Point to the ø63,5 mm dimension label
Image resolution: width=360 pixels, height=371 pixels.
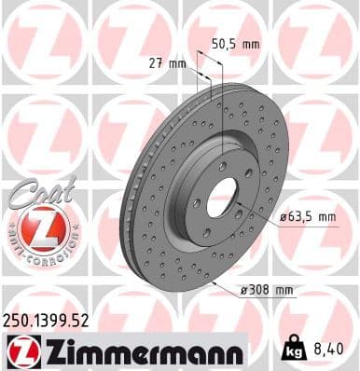pyautogui.click(x=308, y=217)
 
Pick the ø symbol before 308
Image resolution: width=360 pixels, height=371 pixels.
pyautogui.click(x=242, y=290)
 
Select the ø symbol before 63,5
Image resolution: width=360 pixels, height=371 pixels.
pyautogui.click(x=283, y=217)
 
